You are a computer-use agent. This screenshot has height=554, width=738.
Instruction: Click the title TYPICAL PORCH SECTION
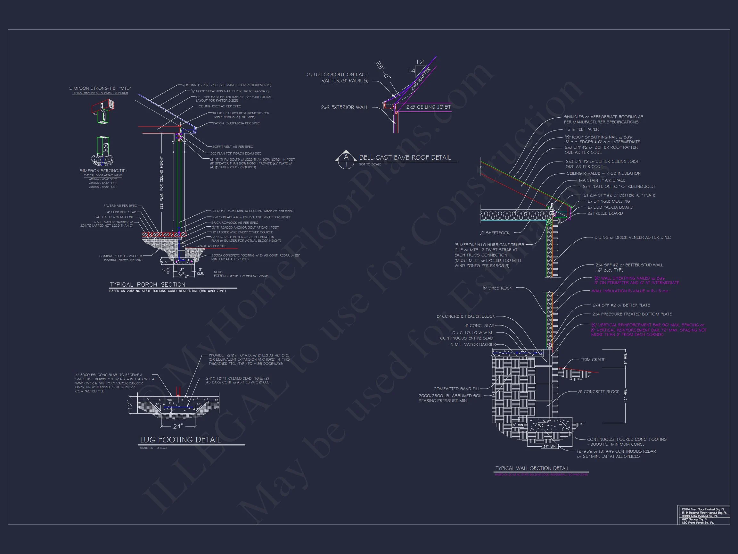coord(147,284)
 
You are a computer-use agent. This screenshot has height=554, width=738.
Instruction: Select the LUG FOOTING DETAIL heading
coord(181,440)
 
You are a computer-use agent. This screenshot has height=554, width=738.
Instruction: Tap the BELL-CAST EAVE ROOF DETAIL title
coord(405,158)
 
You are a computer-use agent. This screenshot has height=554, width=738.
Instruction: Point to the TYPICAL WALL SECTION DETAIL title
coord(532,468)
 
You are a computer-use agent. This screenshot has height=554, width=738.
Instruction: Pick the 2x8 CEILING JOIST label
coord(428,107)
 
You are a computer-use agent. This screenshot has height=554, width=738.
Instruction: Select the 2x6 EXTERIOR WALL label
coord(344,107)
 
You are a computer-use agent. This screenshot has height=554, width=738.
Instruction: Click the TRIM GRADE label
coord(593,360)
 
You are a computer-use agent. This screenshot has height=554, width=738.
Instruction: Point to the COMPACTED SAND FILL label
coord(456,389)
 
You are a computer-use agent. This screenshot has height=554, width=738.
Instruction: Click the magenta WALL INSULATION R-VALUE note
coord(631,291)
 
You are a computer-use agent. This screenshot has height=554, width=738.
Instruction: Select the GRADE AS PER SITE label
coord(211,246)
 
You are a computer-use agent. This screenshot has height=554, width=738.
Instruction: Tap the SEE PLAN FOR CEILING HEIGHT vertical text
coord(161,183)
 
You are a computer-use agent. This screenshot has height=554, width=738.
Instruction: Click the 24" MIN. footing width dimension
coord(549,446)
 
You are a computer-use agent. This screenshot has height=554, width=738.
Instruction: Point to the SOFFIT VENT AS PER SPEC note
coord(232,147)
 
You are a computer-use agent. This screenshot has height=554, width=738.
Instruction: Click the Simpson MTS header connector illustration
coord(103,112)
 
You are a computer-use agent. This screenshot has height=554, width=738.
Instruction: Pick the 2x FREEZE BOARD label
coord(605,214)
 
